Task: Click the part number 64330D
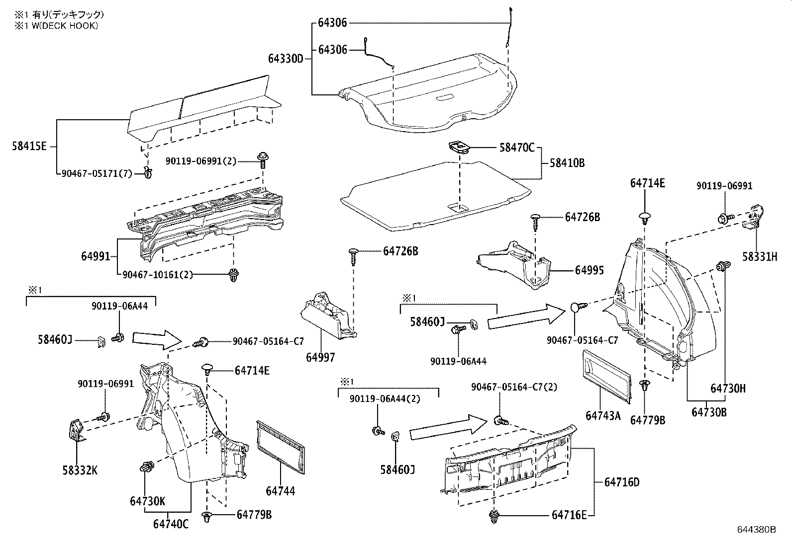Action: point(286,59)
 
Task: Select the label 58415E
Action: point(29,147)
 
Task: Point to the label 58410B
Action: point(567,162)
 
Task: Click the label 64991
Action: point(95,256)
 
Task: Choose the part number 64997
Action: point(320,357)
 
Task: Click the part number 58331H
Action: point(759,257)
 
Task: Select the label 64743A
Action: point(603,415)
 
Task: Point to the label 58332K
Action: point(81,470)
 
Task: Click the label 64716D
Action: point(622,482)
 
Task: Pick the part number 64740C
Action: point(171,524)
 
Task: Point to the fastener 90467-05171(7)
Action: point(148,173)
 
